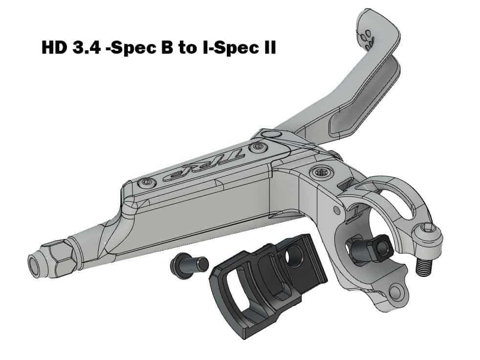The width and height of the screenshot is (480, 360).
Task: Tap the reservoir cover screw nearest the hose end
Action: (x=146, y=183)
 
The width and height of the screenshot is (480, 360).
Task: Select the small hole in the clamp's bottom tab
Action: (x=394, y=293)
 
